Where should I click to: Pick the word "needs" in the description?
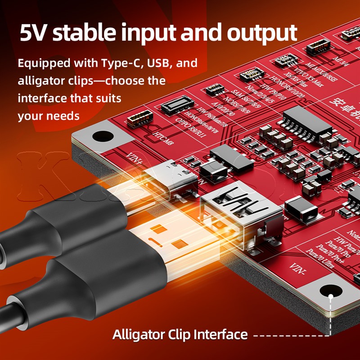pos(63,116)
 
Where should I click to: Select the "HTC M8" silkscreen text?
pos(163,135)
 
